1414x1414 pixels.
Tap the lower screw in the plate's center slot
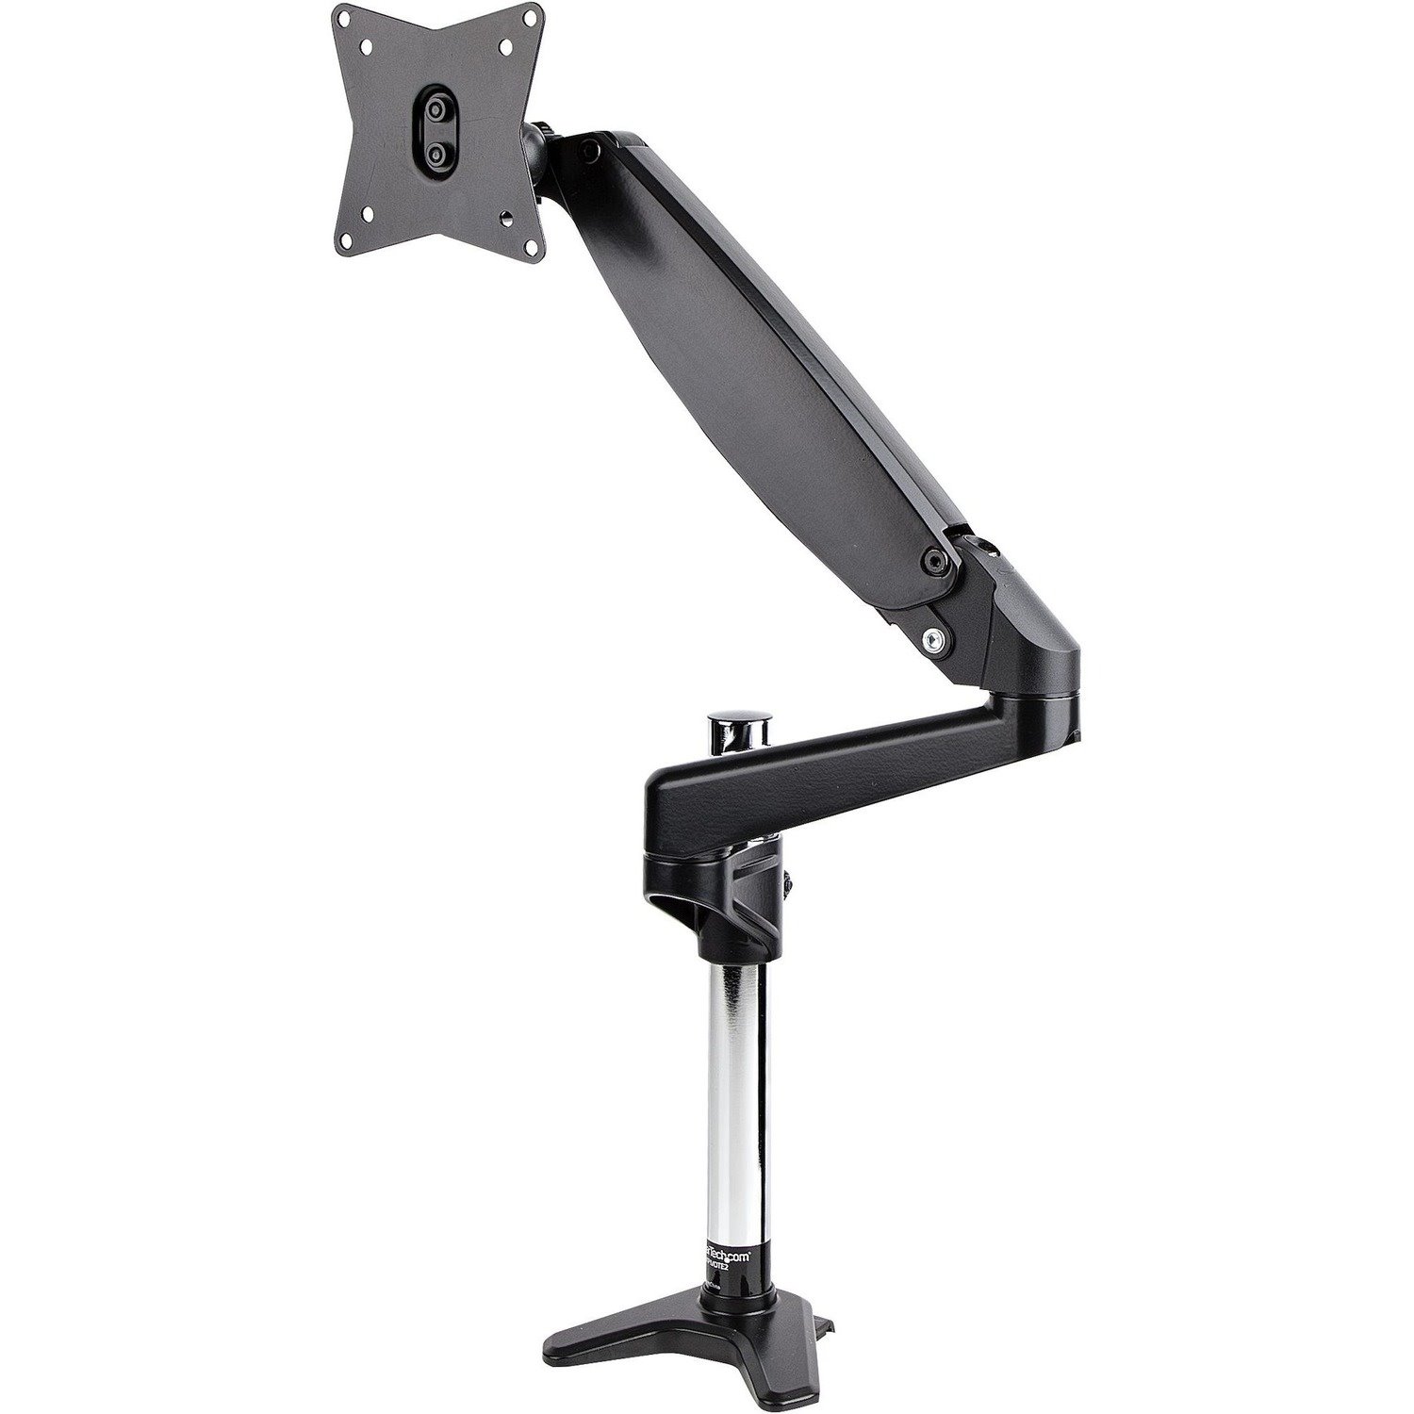click(435, 151)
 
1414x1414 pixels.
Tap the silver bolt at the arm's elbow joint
click(933, 638)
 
